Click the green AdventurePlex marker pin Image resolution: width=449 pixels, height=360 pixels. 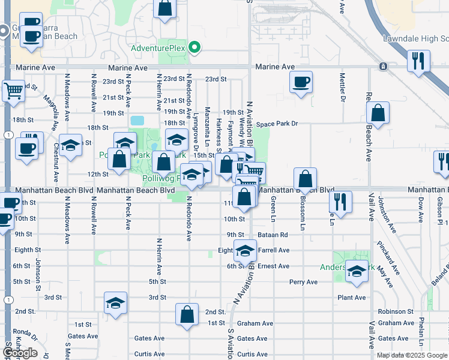(194, 47)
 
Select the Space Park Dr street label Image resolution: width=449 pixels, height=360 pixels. (277, 124)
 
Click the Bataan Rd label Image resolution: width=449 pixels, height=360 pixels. (274, 235)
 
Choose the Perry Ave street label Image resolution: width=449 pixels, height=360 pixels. (303, 281)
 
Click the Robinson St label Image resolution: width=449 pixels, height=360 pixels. (392, 312)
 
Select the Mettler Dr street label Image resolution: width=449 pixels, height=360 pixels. (342, 87)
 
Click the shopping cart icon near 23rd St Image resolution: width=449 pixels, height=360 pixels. (13, 91)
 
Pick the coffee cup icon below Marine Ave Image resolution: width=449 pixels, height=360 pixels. (301, 82)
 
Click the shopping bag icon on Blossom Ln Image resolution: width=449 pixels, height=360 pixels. (306, 178)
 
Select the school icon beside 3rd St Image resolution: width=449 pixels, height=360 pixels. (115, 302)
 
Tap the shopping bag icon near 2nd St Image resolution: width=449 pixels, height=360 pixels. (187, 314)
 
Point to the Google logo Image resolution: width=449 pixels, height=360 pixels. (20, 353)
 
